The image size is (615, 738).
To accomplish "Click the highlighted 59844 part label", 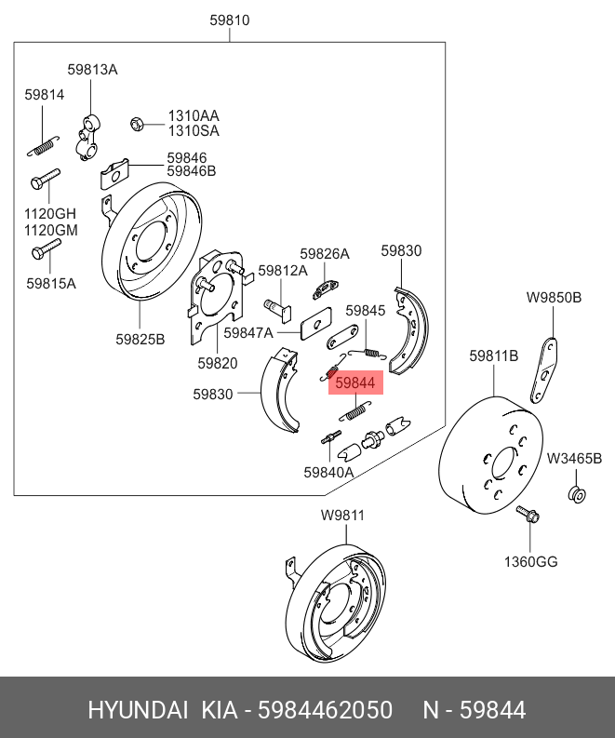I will coord(355,382).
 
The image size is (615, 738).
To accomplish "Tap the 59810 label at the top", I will coord(230,20).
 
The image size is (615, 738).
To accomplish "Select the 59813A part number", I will coord(92,70).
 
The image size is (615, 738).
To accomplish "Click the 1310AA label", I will coord(194,116).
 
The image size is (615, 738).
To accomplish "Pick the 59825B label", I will coord(140,339).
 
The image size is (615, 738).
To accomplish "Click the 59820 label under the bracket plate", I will coord(217,364).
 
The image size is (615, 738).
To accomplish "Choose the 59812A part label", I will coord(283,271).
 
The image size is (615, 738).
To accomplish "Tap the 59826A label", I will coord(325,254).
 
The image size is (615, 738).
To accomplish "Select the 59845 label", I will coord(366,310).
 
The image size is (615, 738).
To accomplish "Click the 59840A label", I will coord(328,472).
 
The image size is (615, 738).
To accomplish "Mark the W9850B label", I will coord(554,298).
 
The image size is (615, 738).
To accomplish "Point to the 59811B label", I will coord(493,356).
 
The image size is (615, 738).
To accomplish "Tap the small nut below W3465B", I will coord(576,492).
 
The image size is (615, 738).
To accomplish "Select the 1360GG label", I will coord(531,562).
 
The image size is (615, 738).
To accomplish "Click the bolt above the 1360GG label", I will coord(527,514).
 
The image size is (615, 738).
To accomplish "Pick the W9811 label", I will coord(342,516).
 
